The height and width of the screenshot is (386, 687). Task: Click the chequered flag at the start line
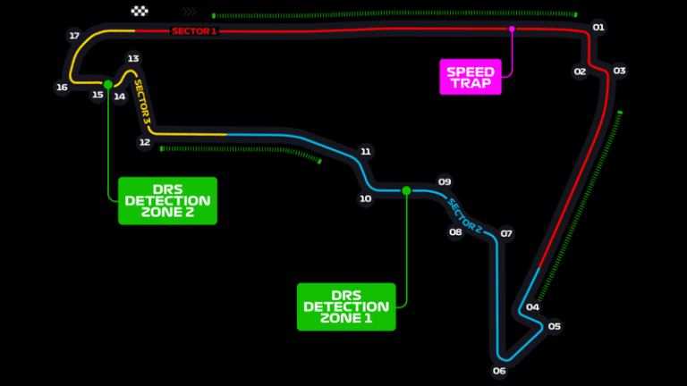pos(140,12)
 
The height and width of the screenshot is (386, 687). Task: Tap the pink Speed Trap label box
pos(471,76)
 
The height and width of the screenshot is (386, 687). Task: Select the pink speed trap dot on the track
pos(512,29)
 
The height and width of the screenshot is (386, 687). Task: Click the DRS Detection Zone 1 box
pos(345,306)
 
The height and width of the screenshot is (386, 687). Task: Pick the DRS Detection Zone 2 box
pos(167,200)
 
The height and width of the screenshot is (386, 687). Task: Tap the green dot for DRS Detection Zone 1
pos(406,190)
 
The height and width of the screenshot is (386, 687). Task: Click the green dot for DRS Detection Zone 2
pos(108,85)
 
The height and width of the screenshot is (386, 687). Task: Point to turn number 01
pos(598,28)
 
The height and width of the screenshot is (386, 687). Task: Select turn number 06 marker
pos(499,370)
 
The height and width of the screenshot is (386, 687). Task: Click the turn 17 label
pos(74,36)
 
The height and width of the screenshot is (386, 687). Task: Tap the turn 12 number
pos(145,142)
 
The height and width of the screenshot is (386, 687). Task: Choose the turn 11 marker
pos(365,152)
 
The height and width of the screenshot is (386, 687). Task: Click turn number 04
pos(532,307)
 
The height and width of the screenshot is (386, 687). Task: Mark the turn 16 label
pos(62,88)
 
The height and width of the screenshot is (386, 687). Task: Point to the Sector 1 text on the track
pos(194,31)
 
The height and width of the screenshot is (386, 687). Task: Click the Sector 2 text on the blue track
pos(465,215)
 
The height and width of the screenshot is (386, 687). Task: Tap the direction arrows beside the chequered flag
pos(189,13)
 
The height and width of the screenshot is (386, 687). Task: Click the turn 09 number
pos(444,180)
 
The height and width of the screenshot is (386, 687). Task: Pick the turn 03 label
pos(619,71)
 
